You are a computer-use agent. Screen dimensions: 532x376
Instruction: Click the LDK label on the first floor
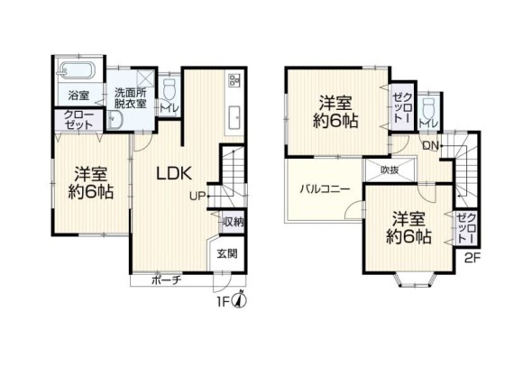tap(174, 173)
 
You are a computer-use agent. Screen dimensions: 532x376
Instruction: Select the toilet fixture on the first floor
tap(169, 88)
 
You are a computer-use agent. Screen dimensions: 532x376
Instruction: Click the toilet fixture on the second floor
tap(428, 106)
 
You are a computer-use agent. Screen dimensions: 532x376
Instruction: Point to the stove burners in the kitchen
tap(234, 79)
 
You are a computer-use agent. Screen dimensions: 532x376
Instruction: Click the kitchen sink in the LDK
tap(234, 117)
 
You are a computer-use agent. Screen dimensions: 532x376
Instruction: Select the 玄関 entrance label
tap(227, 254)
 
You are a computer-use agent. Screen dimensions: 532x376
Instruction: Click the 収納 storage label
tap(234, 223)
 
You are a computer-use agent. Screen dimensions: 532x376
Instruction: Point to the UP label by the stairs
tap(197, 197)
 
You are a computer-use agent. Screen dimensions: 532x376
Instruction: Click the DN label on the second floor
tap(431, 146)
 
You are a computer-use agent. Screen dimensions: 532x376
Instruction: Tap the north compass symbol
tap(241, 300)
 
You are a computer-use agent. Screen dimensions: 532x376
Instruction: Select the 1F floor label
tap(225, 301)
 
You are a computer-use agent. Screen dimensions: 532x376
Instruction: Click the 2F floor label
tap(472, 259)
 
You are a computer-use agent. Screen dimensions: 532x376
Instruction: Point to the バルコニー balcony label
tap(325, 189)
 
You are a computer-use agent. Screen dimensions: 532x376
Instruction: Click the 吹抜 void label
tap(390, 170)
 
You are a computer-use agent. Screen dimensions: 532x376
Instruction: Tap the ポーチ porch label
tap(167, 280)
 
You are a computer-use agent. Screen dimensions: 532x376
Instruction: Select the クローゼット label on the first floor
tap(78, 119)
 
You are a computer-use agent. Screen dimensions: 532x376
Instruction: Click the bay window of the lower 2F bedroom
tap(414, 281)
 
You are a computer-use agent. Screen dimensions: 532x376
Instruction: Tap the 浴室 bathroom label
tap(78, 96)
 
